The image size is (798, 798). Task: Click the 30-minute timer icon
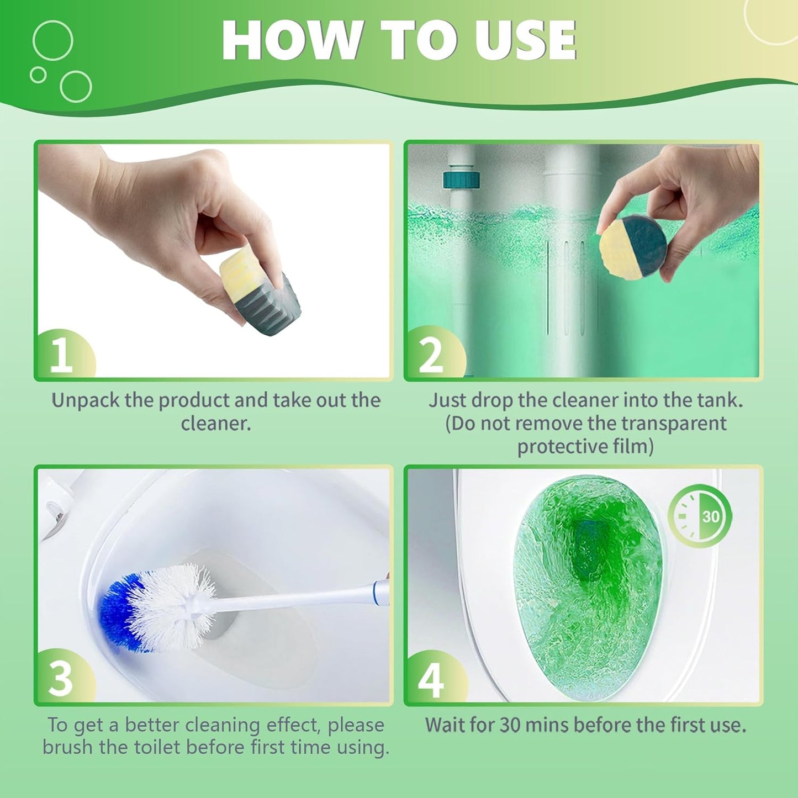tap(700, 516)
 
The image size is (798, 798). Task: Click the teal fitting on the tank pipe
tap(461, 180)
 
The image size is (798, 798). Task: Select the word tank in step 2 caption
tap(718, 400)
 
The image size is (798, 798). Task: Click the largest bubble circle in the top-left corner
tap(52, 40)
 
